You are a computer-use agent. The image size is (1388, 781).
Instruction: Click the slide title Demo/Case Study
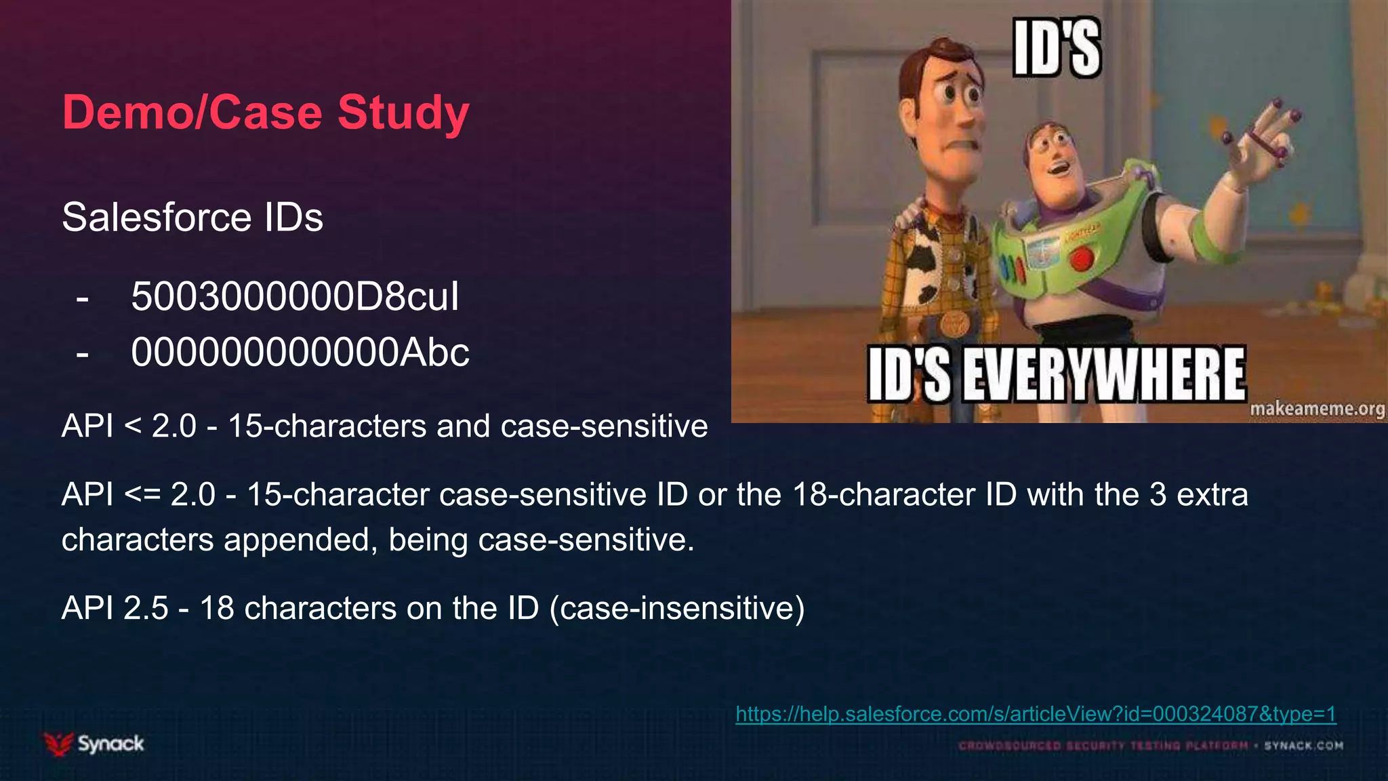[266, 113]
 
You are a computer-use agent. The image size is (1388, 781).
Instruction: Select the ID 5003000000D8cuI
[295, 297]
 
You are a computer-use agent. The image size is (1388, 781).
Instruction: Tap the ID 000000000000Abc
[300, 353]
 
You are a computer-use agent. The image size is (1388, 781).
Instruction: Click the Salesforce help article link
[1036, 714]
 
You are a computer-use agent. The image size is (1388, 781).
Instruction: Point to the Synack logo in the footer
[94, 744]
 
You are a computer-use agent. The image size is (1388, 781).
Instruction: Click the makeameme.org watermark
[1317, 409]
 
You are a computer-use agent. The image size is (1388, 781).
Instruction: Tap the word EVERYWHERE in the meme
[1104, 375]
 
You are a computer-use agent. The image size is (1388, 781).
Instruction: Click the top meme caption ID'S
[1057, 48]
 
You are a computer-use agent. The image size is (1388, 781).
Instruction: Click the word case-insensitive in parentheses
[677, 608]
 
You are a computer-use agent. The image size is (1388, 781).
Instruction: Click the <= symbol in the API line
[142, 495]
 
